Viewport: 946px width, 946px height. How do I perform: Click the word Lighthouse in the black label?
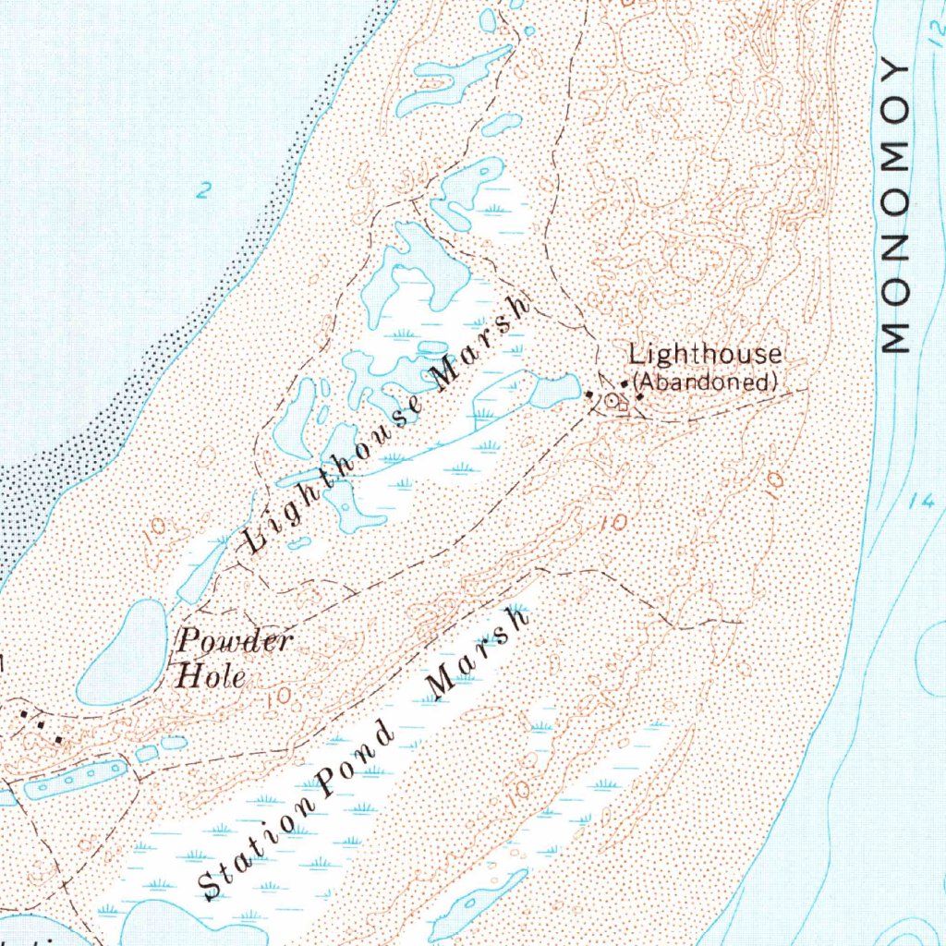706,355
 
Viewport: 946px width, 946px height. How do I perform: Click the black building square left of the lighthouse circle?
590,395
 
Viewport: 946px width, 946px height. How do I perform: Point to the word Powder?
235,640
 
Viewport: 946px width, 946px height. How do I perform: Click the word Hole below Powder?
211,676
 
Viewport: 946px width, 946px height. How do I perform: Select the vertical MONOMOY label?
895,207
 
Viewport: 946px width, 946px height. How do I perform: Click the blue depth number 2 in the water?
203,191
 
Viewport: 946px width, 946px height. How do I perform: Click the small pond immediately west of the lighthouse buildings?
554,392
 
